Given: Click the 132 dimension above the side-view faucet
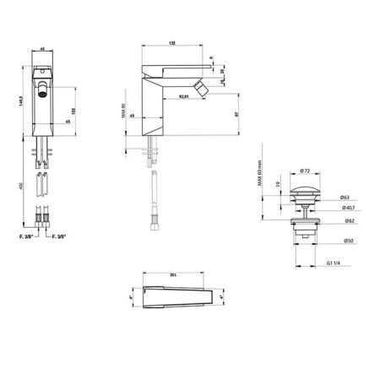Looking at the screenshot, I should (x=173, y=276).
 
